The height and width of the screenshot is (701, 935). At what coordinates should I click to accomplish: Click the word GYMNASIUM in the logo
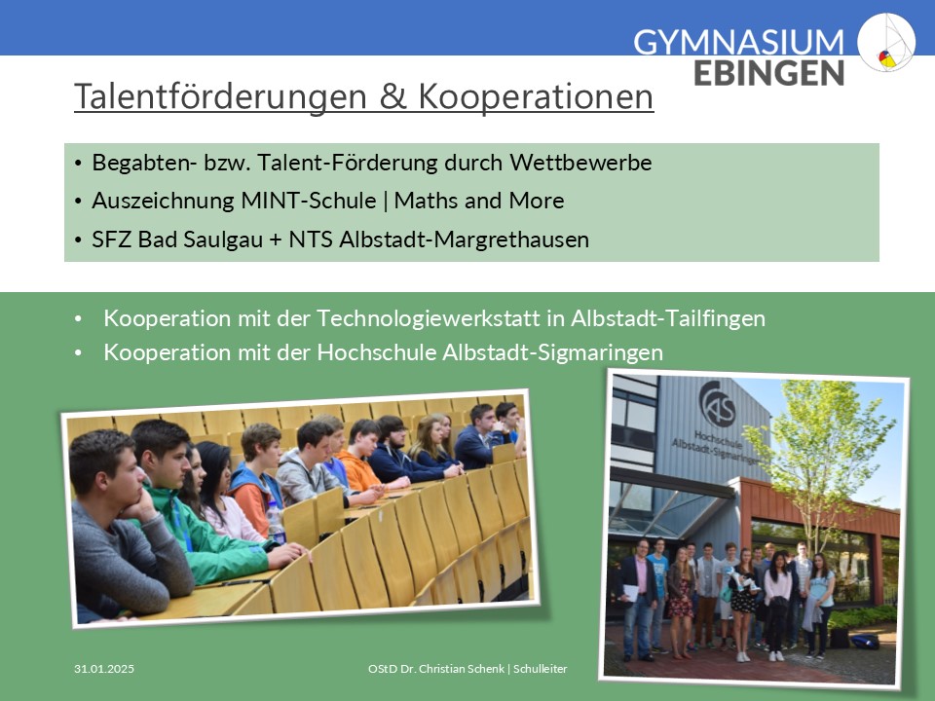coord(739,42)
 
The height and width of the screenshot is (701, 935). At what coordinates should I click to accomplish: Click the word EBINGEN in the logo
coord(768,73)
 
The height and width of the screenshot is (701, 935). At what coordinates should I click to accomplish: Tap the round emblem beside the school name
coord(886,42)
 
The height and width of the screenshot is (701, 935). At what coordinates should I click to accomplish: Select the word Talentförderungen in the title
coord(220,96)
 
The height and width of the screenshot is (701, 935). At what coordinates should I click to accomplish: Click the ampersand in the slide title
coord(393,96)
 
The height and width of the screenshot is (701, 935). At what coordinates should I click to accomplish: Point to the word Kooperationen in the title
coord(536,96)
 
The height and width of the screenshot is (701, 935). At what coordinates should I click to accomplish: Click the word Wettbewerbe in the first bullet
coord(580,163)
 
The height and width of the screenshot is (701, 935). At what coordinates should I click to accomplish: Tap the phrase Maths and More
coord(479,201)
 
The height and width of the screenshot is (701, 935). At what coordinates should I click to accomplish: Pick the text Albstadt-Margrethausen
coord(464,240)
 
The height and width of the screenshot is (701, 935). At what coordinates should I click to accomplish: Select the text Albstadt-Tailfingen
coord(668,318)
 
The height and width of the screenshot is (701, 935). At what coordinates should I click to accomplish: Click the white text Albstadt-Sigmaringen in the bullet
coord(552,352)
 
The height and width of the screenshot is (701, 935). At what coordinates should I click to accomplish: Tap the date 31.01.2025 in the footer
coord(104,669)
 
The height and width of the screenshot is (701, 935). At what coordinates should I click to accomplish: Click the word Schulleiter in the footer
coord(541,669)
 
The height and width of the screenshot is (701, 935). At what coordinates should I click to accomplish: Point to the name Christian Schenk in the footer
coord(462,669)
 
